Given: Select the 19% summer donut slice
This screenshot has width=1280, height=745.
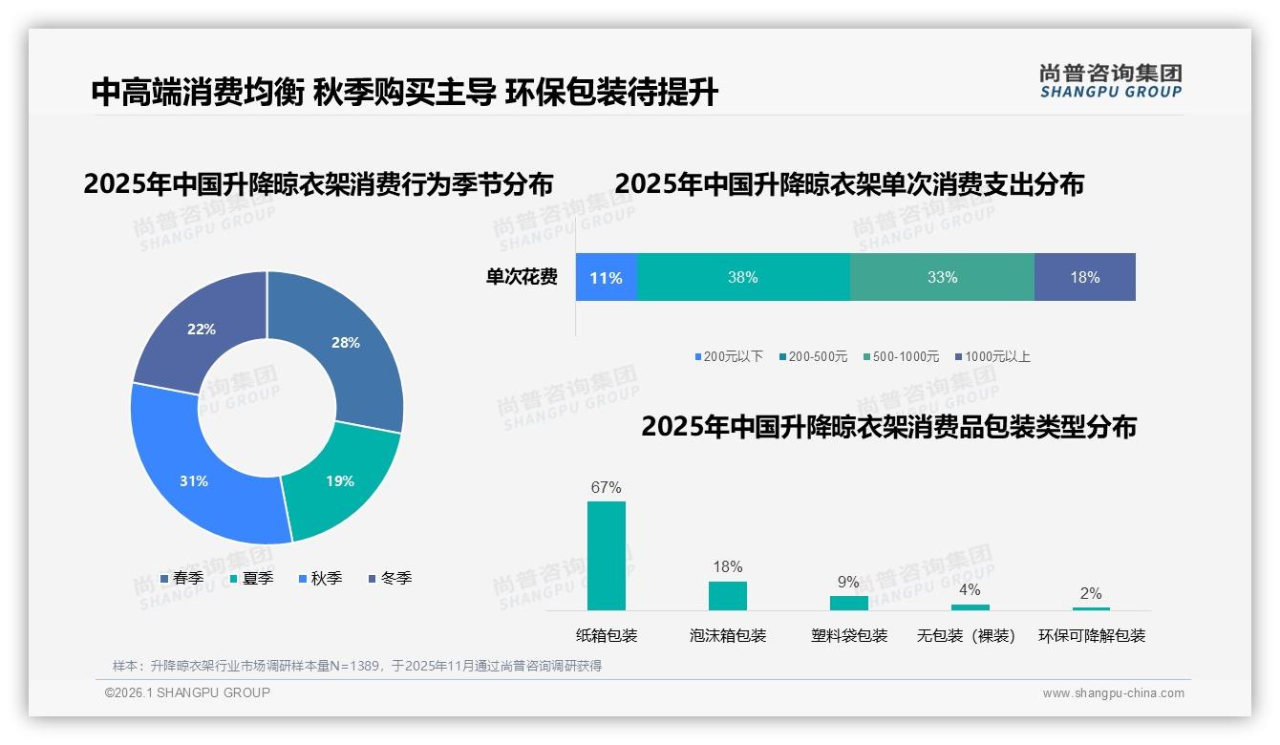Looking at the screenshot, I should (340, 480).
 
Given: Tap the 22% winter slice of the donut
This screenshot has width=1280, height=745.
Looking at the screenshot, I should (202, 329).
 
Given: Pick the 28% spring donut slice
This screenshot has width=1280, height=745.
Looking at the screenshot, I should (345, 342).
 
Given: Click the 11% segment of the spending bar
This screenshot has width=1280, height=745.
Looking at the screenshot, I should (606, 278).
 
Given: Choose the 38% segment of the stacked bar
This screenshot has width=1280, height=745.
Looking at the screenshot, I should (742, 278).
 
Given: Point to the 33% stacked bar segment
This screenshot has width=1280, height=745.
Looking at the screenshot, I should (942, 278).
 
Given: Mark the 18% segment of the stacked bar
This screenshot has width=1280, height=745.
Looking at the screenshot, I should (1085, 278).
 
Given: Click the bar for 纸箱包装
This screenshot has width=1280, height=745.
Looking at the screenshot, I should (607, 556).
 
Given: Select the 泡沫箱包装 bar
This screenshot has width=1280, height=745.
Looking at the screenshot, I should (728, 596).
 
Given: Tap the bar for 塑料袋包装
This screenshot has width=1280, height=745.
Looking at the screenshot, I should (848, 603).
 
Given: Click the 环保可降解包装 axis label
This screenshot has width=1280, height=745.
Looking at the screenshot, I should (1092, 636).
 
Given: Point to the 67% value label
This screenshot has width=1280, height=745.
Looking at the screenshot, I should (607, 487).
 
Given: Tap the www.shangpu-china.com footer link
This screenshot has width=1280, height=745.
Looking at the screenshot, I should (1113, 693).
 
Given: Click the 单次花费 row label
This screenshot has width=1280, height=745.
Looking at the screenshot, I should (522, 278).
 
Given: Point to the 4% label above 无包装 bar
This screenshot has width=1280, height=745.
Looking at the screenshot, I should (970, 590).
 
